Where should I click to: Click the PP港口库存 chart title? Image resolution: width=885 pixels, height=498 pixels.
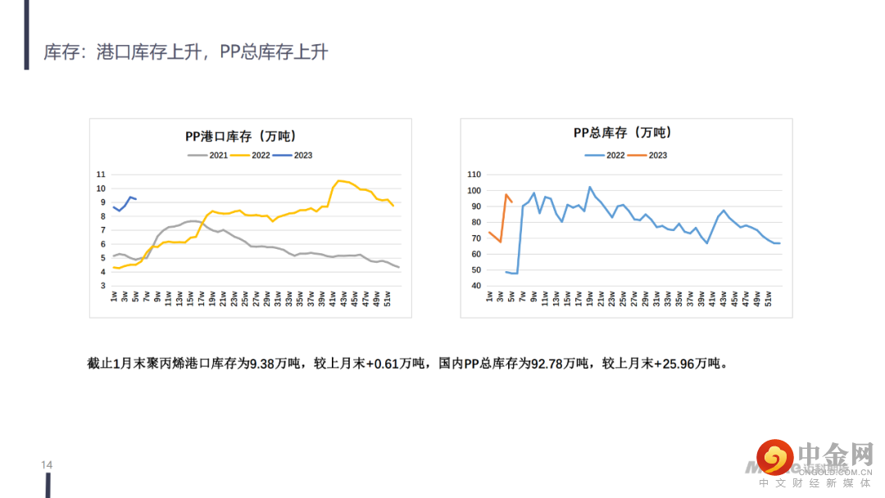point(239,136)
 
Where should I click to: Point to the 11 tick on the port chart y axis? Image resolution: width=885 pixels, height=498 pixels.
point(101,174)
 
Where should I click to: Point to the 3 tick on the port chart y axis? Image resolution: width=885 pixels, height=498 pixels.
point(102,286)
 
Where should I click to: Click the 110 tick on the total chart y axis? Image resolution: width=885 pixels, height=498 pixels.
point(474,174)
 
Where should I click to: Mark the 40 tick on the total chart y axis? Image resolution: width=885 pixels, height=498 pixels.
point(475,286)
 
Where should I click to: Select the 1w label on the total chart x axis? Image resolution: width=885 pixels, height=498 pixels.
point(489,297)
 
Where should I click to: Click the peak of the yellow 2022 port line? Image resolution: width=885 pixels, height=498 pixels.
point(339,180)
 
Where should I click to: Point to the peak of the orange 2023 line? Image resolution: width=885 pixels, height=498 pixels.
point(506,195)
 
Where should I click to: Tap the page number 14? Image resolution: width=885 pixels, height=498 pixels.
point(47,465)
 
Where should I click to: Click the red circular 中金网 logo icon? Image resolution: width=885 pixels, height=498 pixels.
point(774,457)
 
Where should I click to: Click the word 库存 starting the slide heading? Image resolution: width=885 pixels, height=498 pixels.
point(60,52)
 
